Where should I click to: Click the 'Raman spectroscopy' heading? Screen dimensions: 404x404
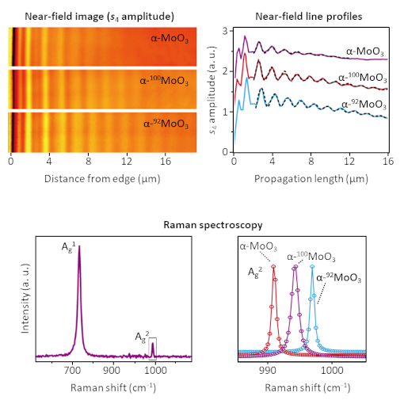pyautogui.click(x=201, y=225)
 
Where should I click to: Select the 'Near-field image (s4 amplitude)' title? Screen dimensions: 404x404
pyautogui.click(x=101, y=15)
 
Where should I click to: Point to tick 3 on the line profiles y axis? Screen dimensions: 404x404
pyautogui.click(x=225, y=31)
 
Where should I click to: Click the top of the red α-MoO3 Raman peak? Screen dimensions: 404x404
pyautogui.click(x=274, y=267)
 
